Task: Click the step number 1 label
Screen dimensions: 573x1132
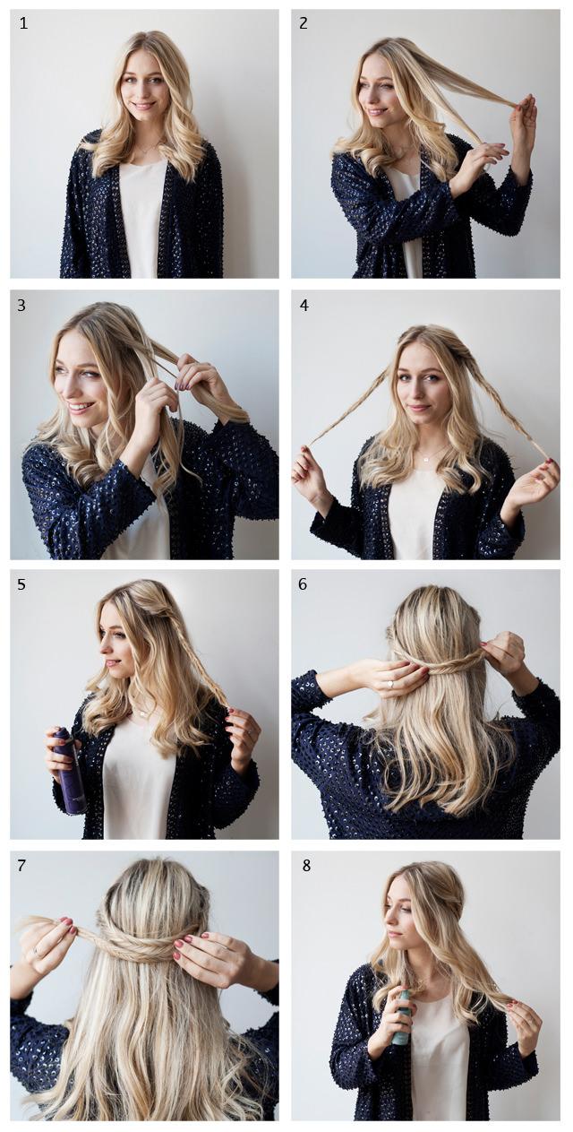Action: tap(23, 23)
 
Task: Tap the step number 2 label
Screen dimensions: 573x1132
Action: tap(303, 23)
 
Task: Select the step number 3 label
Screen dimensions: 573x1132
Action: tap(21, 306)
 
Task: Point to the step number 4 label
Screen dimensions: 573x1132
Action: tap(304, 306)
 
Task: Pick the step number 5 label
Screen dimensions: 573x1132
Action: tap(21, 584)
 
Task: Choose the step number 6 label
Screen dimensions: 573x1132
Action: tap(303, 584)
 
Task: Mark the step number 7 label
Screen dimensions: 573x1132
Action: tap(21, 865)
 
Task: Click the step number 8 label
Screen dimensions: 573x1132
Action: tap(306, 865)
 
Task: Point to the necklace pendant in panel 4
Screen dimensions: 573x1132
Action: tap(426, 458)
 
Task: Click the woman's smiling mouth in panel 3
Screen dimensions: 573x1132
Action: tap(81, 406)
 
